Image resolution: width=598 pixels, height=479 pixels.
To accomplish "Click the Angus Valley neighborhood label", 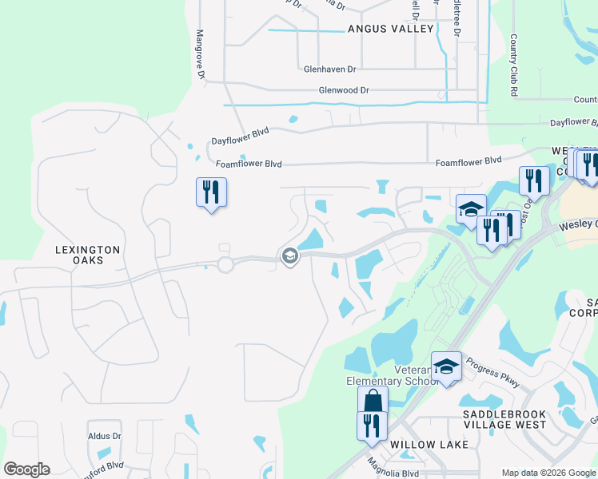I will pos(390,29).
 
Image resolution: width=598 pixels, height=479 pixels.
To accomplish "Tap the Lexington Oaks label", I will pos(87,255).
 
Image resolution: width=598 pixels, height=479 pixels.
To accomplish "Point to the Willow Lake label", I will pos(424,444).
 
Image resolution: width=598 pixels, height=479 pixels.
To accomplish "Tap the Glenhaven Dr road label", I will pos(329,69).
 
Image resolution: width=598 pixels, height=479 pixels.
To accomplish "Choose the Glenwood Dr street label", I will pos(344,91).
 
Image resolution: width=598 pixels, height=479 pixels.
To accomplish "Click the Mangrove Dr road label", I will pos(201,54).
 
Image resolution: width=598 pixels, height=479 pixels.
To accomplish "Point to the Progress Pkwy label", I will pos(492,369).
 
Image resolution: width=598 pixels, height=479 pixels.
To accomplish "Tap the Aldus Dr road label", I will pos(105,437).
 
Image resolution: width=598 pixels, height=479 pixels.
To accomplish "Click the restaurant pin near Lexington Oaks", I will pos(211,192).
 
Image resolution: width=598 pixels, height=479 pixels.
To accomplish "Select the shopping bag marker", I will pos(373,400).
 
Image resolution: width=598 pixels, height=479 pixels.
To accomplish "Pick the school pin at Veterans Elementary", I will pos(446,366).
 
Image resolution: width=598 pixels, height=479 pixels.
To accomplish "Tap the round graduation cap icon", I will pos(289,256).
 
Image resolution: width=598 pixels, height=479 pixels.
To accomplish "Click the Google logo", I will pos(26,469).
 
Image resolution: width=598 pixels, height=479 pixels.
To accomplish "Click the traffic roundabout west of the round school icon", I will pos(225,264).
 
